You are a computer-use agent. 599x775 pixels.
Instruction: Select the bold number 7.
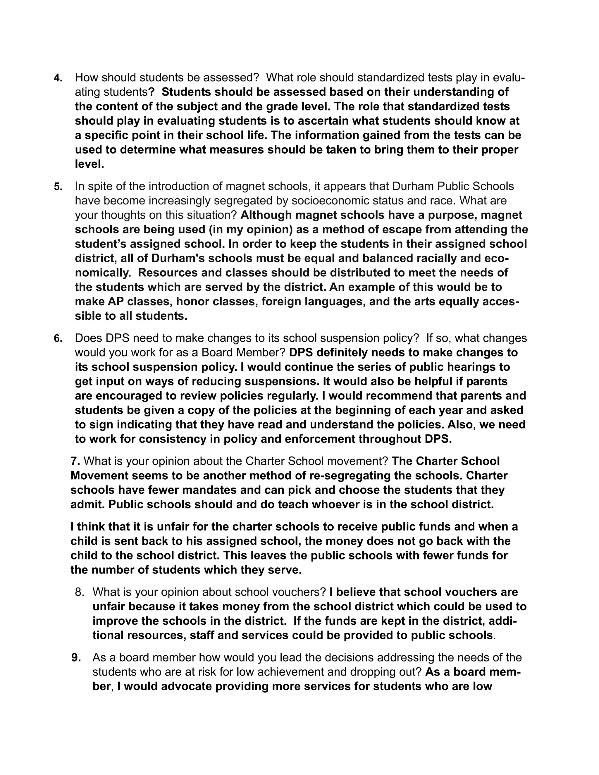coord(75,461)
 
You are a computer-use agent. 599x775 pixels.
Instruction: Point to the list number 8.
coord(80,592)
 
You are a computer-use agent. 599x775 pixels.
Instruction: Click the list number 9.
coord(76,657)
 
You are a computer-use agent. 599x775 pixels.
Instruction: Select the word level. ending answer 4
coord(89,164)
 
